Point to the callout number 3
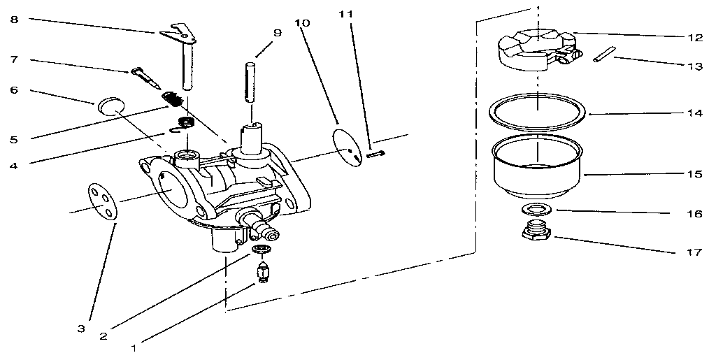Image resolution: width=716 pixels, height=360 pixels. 82,327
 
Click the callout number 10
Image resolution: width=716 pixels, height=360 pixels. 301,22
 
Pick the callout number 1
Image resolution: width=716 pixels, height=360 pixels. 135,344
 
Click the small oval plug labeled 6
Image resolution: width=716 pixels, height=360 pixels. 108,106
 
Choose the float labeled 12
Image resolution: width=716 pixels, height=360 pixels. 535,45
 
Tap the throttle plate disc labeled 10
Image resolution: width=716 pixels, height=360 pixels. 348,147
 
